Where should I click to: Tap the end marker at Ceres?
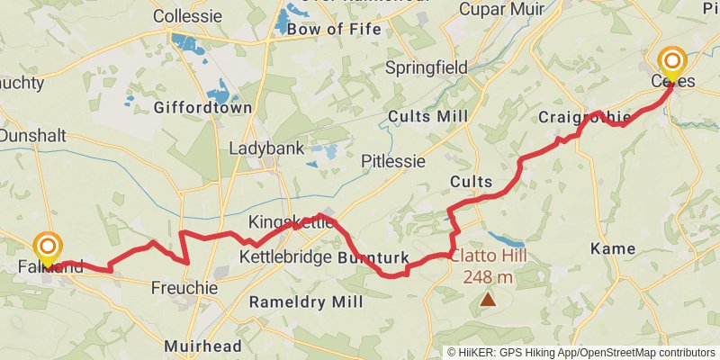point(672,63)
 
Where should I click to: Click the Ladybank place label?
point(266,148)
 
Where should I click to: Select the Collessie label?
point(187,16)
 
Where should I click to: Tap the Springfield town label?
point(426,67)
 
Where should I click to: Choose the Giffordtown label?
point(202,107)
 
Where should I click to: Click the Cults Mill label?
point(422,116)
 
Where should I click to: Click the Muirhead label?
point(202,346)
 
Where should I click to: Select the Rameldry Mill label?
point(305,301)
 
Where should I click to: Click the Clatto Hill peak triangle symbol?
point(488,298)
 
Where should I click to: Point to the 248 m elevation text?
point(488,277)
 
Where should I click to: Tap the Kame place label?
point(612,248)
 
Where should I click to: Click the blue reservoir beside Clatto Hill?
point(507,241)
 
